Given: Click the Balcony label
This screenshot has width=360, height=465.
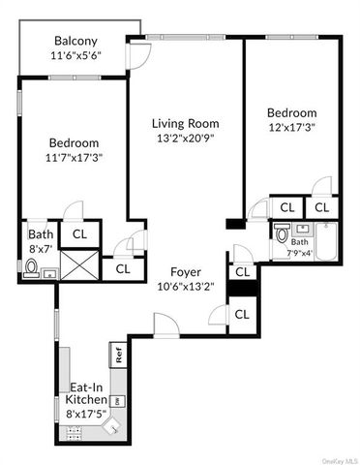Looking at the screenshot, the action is point(75,41).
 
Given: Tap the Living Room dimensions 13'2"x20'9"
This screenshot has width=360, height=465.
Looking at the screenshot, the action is point(186,139).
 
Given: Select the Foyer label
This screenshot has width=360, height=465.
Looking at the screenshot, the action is point(186,272).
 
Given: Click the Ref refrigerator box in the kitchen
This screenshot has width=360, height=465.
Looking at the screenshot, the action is point(118,355).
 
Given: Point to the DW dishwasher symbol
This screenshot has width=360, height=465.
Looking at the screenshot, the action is point(118,401).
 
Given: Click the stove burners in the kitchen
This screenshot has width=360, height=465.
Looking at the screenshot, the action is point(74,433).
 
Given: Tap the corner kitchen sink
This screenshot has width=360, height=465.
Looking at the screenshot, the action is point(112,426).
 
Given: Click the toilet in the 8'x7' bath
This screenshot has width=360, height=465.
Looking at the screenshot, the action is point(32,268).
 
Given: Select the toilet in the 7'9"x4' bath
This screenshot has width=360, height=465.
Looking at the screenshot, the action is point(281,233).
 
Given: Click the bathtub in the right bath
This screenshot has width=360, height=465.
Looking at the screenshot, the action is point(327,241).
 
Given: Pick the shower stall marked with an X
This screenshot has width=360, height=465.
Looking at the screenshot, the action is point(79,264).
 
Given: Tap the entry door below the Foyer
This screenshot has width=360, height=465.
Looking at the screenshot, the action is point(166,325).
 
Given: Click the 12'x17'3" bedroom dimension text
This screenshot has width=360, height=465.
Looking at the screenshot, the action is point(292,127).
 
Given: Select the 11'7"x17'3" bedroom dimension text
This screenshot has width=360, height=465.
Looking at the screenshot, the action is point(75,158).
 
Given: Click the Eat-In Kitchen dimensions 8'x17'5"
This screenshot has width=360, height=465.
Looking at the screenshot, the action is point(86,414).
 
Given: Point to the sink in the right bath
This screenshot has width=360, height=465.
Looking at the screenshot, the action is point(302,230).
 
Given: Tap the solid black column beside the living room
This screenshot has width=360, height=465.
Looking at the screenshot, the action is point(236,224).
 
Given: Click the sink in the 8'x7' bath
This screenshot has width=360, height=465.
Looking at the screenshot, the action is point(50,273).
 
